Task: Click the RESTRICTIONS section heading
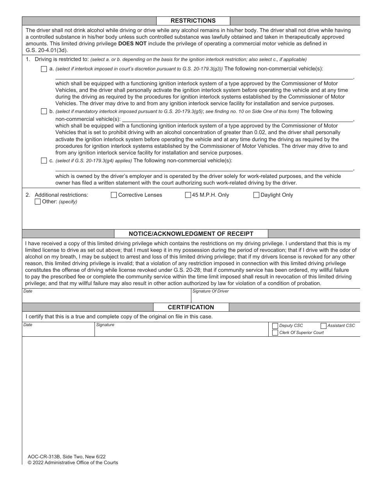tap(193, 21)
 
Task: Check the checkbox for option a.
tap(44, 69)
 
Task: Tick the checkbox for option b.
tap(44, 111)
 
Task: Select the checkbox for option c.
tap(44, 161)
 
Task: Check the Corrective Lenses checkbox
tap(114, 195)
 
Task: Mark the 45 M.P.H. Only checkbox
tap(188, 195)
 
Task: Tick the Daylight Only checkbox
tap(257, 195)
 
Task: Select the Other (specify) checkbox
tap(38, 202)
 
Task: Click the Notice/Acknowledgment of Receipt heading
tap(191, 234)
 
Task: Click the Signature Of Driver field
tap(275, 298)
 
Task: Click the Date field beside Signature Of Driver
tap(105, 298)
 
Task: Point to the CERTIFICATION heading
tap(191, 307)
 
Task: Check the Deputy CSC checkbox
tap(275, 326)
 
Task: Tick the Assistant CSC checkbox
tap(323, 326)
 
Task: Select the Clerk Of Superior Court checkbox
tap(275, 333)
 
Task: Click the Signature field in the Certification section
tap(182, 331)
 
